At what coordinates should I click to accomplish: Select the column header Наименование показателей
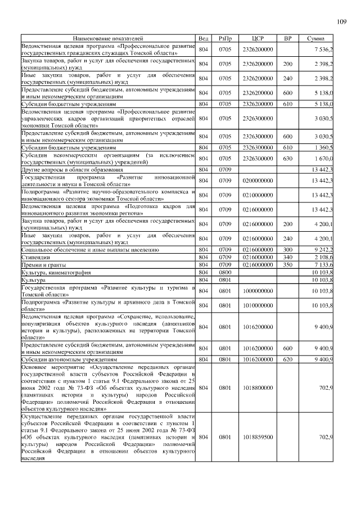coord(107,39)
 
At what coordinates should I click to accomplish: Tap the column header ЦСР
coord(258,39)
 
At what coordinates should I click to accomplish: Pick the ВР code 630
coord(287,159)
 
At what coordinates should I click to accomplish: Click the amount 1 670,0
coord(323,159)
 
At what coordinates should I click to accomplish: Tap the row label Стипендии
coord(37,256)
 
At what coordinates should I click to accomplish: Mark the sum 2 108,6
coord(323,256)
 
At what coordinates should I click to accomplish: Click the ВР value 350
coord(287,264)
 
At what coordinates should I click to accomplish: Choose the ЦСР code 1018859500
coord(258,436)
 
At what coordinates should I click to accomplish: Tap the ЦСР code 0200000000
coord(258,180)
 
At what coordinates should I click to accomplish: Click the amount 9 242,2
coord(323,249)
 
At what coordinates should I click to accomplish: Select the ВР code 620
coord(287,359)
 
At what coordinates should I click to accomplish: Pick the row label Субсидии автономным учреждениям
coord(69,359)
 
